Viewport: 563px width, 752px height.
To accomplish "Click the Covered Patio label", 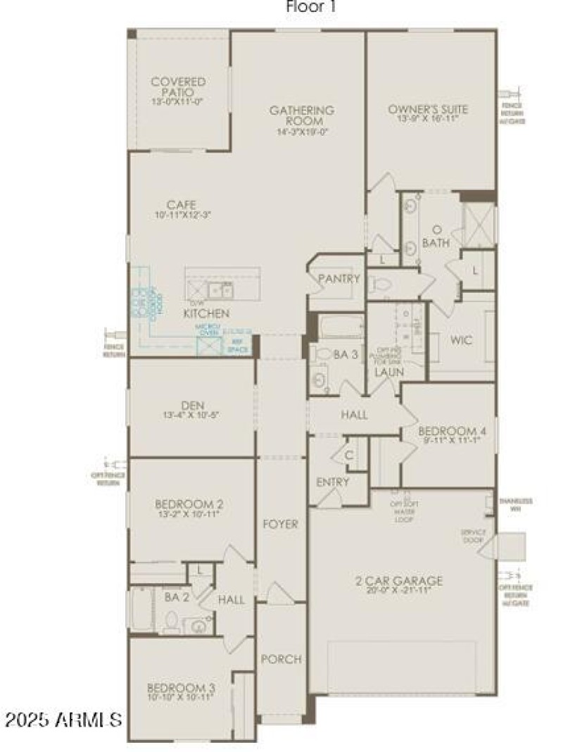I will pyautogui.click(x=178, y=87).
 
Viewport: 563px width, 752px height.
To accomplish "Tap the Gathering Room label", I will pyautogui.click(x=301, y=115).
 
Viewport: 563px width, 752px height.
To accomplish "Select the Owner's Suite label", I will pyautogui.click(x=428, y=109).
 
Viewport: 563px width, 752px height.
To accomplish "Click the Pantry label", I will pyautogui.click(x=339, y=279).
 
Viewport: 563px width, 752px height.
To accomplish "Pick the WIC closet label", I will pyautogui.click(x=462, y=340).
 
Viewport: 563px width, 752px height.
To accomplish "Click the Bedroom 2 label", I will pyautogui.click(x=189, y=504).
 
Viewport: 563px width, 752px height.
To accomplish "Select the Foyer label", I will pyautogui.click(x=280, y=524).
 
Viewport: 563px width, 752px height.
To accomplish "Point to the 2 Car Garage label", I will pyautogui.click(x=398, y=581).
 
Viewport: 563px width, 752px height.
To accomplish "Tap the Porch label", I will pyautogui.click(x=281, y=660).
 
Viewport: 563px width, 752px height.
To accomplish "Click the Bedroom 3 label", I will pyautogui.click(x=181, y=688).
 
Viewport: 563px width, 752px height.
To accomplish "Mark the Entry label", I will pyautogui.click(x=333, y=482).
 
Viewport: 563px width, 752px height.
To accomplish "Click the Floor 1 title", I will pyautogui.click(x=310, y=8).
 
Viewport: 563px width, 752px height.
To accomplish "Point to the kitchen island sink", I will pyautogui.click(x=227, y=289).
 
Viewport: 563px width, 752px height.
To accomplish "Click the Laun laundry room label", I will pyautogui.click(x=387, y=372).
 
